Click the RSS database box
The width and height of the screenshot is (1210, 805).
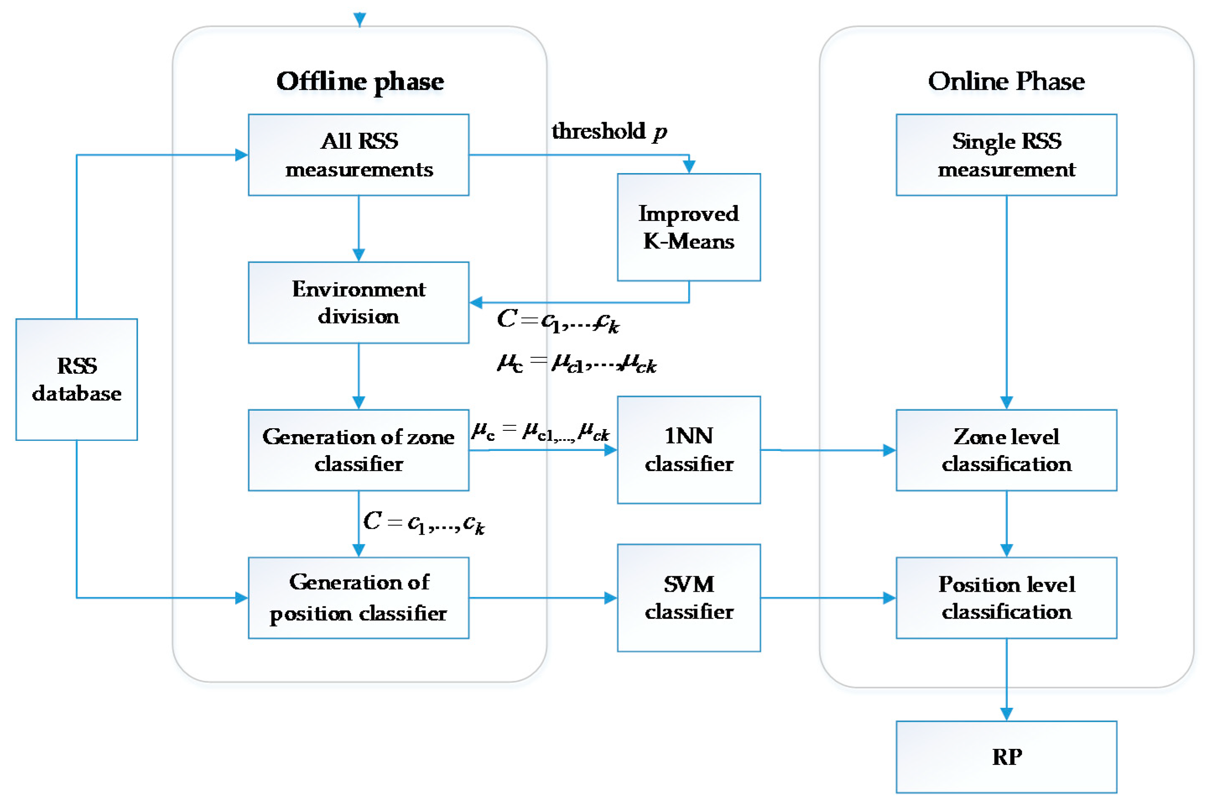tap(77, 379)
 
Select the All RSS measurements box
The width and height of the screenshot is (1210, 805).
tap(358, 155)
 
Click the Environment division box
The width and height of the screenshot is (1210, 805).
tap(358, 303)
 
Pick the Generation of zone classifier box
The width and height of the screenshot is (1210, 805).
tap(358, 450)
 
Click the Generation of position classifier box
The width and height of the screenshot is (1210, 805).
tap(358, 598)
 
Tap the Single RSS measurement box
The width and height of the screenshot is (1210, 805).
tap(1006, 155)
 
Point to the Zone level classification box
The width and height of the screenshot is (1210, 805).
tap(1006, 450)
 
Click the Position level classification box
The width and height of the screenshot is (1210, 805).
tap(1006, 598)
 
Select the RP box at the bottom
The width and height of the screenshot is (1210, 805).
tap(1006, 757)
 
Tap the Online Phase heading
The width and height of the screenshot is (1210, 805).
tap(1006, 81)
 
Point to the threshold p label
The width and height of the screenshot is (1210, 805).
tap(609, 132)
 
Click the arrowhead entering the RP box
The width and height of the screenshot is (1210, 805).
tap(1006, 714)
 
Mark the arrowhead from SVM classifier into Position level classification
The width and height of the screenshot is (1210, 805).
tap(889, 598)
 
